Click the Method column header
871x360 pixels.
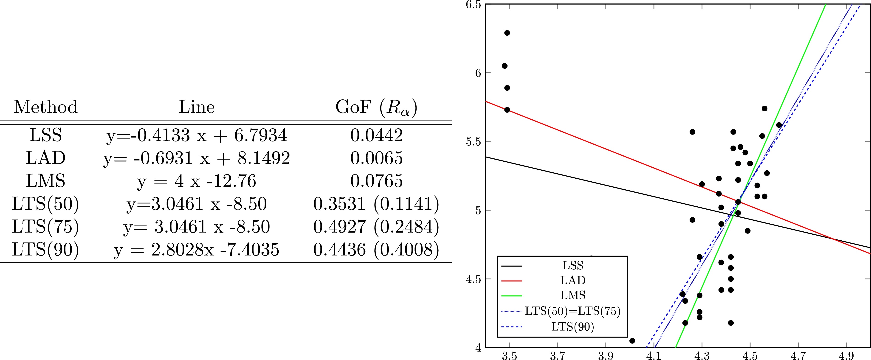point(46,107)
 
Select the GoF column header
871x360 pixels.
point(376,107)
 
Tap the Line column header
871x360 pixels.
point(196,107)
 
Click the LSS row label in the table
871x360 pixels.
point(46,135)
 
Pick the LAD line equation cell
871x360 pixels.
point(196,158)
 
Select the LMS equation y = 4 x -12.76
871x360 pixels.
point(196,181)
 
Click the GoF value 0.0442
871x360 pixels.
point(376,135)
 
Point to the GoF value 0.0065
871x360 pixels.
point(376,158)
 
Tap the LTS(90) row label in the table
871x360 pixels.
point(46,250)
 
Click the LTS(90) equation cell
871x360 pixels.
point(196,250)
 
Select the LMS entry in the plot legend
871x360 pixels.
point(572,295)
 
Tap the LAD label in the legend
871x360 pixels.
point(572,280)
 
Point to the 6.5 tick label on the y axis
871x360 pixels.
point(473,5)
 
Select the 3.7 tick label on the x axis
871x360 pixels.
point(557,356)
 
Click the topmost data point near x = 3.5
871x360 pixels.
point(507,33)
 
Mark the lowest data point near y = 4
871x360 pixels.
point(632,341)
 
